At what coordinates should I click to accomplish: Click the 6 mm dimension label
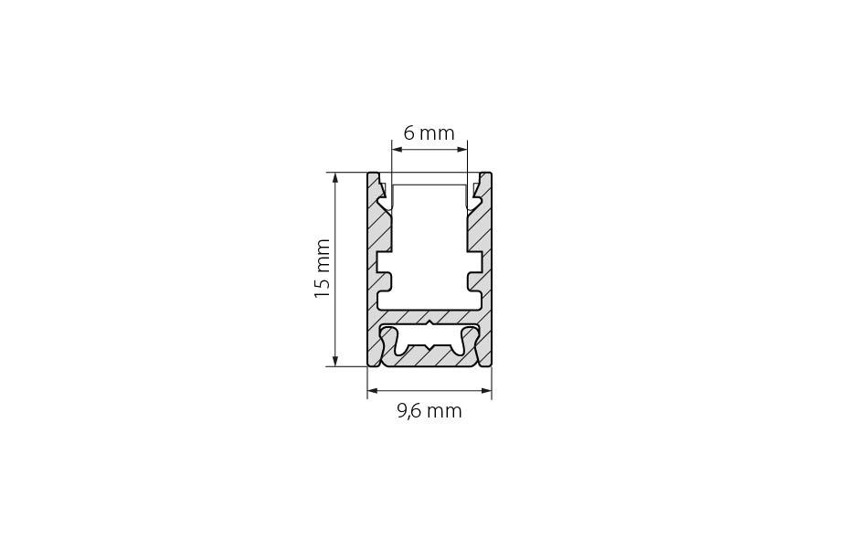click(429, 133)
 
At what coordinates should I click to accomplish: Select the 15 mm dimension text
click(322, 269)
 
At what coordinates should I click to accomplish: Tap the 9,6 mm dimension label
click(429, 411)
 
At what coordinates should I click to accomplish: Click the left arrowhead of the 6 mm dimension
click(398, 148)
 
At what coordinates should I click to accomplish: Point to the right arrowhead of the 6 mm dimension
click(461, 148)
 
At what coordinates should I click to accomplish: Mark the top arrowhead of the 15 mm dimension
click(335, 178)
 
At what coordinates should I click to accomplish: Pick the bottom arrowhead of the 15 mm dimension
click(335, 361)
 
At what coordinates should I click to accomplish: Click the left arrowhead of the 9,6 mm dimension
click(373, 390)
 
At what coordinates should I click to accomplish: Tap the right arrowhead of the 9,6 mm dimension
click(486, 390)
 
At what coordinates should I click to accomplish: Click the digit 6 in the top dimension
click(409, 133)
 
